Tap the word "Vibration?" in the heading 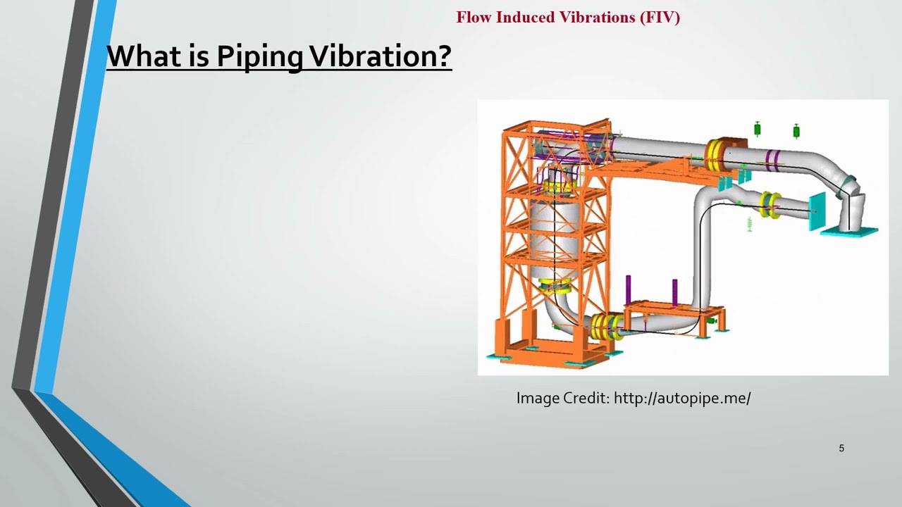tap(381, 56)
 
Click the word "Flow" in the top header tap(474, 17)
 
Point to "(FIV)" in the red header tap(660, 17)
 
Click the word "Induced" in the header tap(526, 17)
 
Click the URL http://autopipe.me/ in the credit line tap(682, 398)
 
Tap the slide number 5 tap(841, 448)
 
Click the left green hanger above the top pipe tap(758, 129)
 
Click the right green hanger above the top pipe tap(796, 130)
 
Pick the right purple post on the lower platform tap(674, 292)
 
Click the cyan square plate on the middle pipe tap(817, 211)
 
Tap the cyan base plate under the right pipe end tap(849, 231)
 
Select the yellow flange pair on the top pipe tap(717, 155)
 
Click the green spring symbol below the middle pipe tap(749, 224)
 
